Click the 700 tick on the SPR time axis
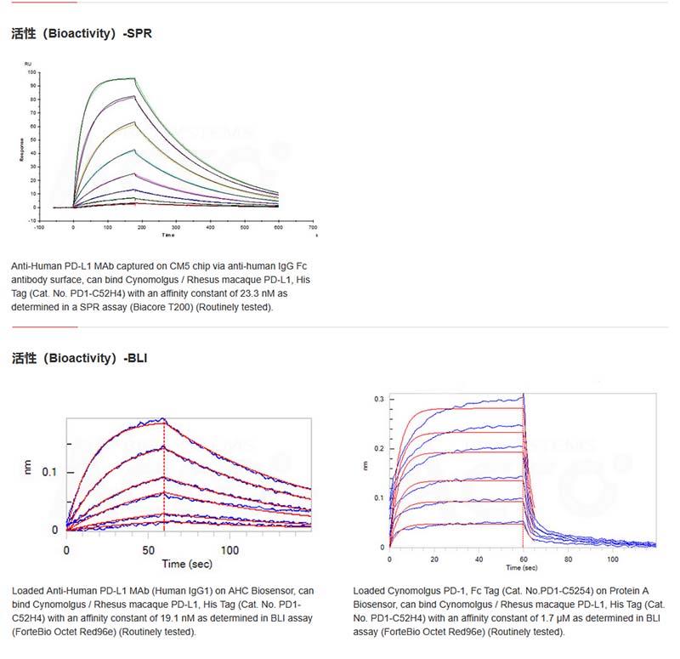point(312,227)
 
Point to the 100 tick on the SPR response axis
point(32,72)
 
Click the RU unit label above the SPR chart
point(29,64)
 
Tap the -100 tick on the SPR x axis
point(39,227)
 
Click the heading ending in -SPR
point(82,35)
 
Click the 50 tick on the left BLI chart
point(147,550)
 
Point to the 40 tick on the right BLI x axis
point(479,560)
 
